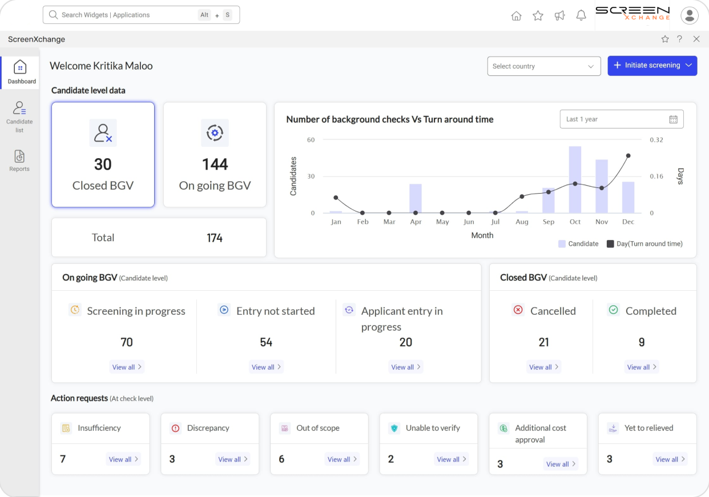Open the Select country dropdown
(x=543, y=66)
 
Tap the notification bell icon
(x=581, y=16)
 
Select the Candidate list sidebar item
(x=19, y=117)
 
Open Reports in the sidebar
(x=19, y=161)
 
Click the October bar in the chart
(x=575, y=179)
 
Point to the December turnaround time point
(x=628, y=155)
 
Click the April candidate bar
(x=416, y=198)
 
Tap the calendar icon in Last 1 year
(x=673, y=119)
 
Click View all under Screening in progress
(x=127, y=367)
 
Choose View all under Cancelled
(x=543, y=367)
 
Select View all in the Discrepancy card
(x=233, y=459)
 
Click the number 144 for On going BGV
(x=215, y=165)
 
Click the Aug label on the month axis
(x=522, y=222)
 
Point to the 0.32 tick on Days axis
(x=656, y=140)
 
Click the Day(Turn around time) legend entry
(x=644, y=244)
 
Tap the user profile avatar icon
(x=690, y=15)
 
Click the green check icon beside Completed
(x=613, y=310)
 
